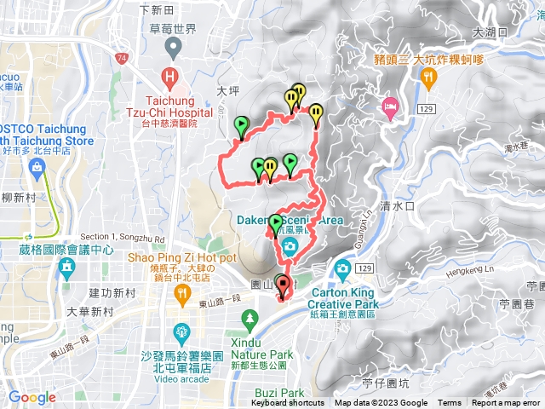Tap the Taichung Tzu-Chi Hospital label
[x=170, y=107]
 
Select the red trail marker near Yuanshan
[x=283, y=285]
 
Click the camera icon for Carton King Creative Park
[x=343, y=269]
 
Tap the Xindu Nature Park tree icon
[x=250, y=321]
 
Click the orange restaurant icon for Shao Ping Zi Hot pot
[x=181, y=293]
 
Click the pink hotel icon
[x=391, y=108]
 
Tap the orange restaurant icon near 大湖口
[x=427, y=78]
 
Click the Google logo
[x=32, y=397]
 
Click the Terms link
[x=450, y=403]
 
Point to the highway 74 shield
[x=123, y=58]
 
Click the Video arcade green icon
[x=181, y=331]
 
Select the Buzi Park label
[x=278, y=393]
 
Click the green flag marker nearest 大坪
[x=241, y=126]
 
